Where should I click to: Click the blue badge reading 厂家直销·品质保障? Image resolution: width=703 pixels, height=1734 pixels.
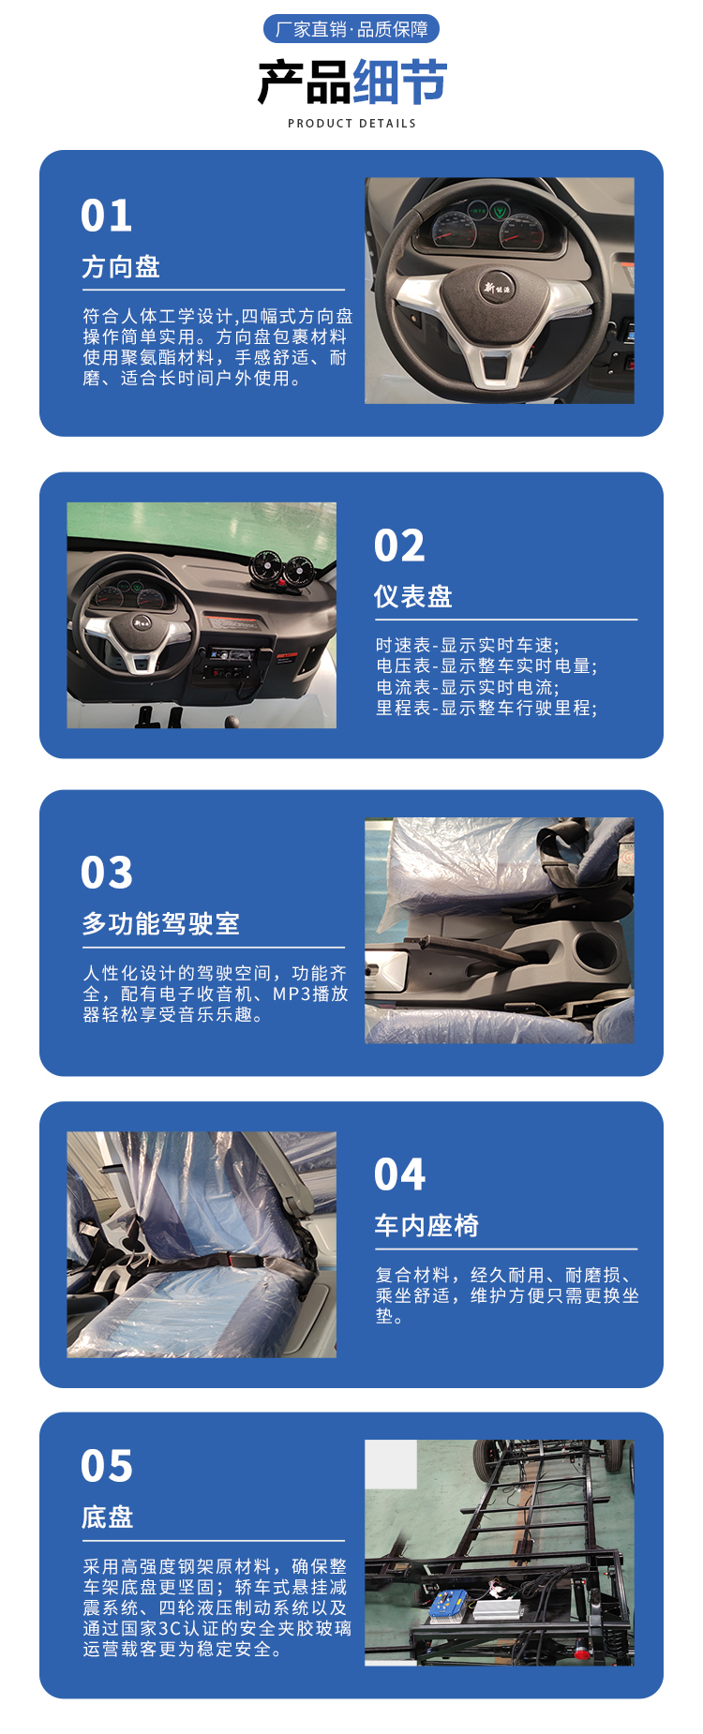click(351, 29)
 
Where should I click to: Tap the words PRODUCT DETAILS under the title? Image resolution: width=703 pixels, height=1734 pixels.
click(351, 123)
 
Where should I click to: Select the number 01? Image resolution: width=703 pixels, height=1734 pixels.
click(107, 216)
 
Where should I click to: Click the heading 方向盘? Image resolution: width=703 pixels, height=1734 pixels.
click(121, 267)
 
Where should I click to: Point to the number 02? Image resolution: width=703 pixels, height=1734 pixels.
click(399, 546)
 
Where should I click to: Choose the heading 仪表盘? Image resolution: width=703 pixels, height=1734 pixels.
click(413, 596)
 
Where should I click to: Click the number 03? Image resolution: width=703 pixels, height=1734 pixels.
click(107, 873)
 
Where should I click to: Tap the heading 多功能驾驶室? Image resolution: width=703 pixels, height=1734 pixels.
click(161, 923)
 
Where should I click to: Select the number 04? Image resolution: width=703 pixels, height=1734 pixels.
click(399, 1174)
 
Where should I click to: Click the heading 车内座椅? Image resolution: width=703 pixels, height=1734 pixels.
click(426, 1225)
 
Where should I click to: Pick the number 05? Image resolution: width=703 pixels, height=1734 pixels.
click(107, 1466)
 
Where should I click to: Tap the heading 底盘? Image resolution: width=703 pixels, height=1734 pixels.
click(108, 1517)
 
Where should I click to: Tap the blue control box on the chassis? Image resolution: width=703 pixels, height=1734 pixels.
click(448, 1604)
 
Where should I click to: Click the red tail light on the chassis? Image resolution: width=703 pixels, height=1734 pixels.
click(581, 1652)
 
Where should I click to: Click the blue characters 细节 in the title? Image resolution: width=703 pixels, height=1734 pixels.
click(400, 82)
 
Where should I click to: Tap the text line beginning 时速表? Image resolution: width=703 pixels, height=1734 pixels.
click(468, 645)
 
